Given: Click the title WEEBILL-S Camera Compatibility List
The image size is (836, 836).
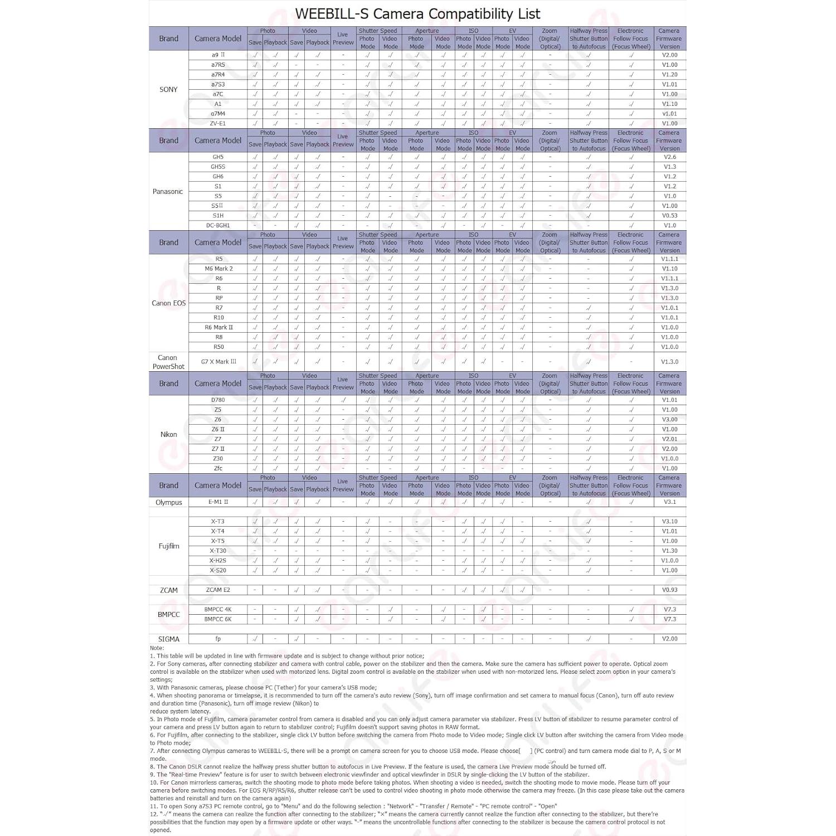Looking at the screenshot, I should click(x=417, y=13).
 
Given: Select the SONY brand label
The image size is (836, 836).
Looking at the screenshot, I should click(x=168, y=89).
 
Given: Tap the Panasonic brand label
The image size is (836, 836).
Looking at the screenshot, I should click(x=168, y=191).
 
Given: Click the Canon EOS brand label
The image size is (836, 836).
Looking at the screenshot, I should click(x=168, y=303).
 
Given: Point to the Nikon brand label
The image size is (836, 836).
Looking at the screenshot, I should click(x=168, y=434).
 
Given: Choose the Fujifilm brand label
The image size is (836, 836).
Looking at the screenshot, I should click(x=168, y=546).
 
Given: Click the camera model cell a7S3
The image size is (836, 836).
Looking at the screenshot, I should click(x=218, y=85).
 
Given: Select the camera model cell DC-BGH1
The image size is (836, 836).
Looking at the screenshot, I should click(x=218, y=225).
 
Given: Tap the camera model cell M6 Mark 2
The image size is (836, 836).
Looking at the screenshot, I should click(x=218, y=269).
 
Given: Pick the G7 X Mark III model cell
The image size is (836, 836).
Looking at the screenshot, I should click(x=218, y=362).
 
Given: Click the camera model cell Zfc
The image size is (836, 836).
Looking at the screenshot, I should click(x=218, y=468).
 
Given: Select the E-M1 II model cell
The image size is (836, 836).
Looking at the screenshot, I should click(x=218, y=502).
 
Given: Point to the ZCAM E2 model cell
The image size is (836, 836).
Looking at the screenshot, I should click(x=218, y=590).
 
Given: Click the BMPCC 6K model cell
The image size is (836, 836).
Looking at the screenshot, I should click(x=218, y=619).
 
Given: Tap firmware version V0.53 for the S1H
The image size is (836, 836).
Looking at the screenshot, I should click(x=669, y=216).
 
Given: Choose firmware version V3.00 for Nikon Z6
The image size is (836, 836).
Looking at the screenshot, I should click(x=669, y=420).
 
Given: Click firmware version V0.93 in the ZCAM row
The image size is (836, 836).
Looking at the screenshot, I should click(x=669, y=590).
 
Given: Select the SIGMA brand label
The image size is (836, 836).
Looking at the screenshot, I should click(x=168, y=639).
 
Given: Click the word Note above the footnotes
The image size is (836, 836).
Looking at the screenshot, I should click(x=157, y=648).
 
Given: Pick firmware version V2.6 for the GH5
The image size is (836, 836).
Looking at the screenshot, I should click(x=669, y=157).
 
